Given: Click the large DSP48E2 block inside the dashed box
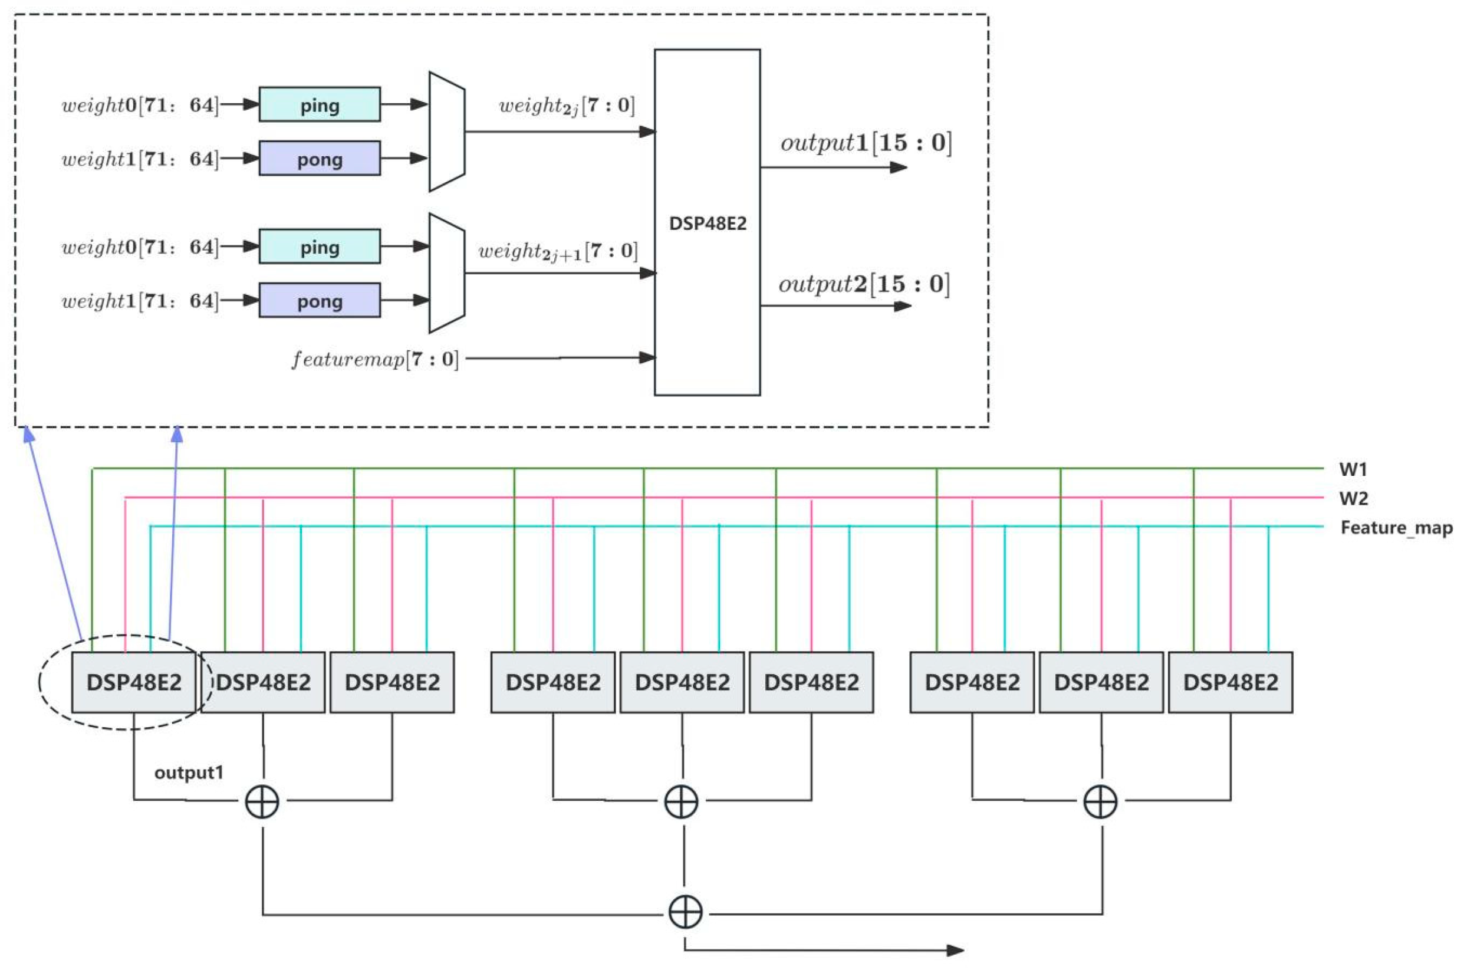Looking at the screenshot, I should (x=706, y=222).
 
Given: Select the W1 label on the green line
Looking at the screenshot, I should (x=1353, y=470).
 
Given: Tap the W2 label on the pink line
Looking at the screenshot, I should (x=1353, y=498).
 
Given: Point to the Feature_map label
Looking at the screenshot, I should (x=1396, y=527).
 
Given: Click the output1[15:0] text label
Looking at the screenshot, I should (x=866, y=143).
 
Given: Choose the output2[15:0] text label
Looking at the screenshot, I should (x=864, y=284).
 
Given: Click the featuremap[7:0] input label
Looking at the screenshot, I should (x=374, y=359).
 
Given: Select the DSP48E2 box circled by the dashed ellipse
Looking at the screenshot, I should (x=134, y=682).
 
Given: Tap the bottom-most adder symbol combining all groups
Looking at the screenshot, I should (x=685, y=912).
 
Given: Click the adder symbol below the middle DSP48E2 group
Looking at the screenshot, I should (x=681, y=801).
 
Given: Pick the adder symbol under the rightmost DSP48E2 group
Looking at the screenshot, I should (x=1100, y=801).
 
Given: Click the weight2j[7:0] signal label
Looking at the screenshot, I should (x=567, y=106).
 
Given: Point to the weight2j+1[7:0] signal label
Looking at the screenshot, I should (x=557, y=251).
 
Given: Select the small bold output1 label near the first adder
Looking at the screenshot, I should (x=189, y=773).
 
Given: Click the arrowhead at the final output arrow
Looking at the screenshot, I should (x=955, y=950).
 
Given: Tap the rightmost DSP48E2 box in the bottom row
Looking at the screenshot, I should (x=1230, y=682).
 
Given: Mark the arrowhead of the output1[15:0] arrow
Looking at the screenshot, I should (x=899, y=167).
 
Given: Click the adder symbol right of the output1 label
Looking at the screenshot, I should (x=262, y=801).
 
